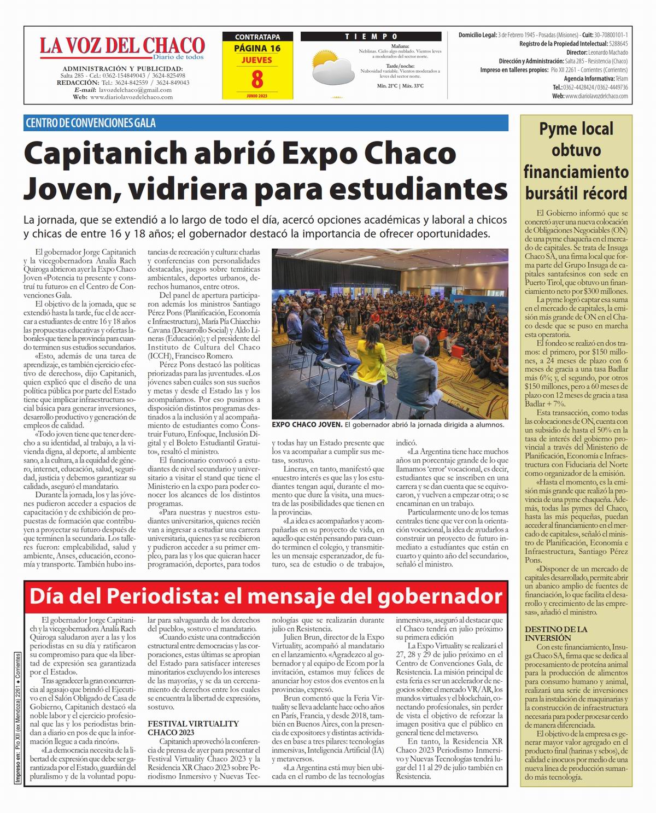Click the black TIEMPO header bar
(x=371, y=37)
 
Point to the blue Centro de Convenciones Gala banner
(x=266, y=122)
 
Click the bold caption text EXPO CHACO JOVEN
(x=307, y=424)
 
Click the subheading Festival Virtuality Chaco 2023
(x=193, y=728)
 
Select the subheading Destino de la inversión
(x=556, y=633)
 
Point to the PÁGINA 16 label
(x=257, y=48)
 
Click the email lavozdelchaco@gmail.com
(x=134, y=90)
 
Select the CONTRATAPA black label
(x=257, y=37)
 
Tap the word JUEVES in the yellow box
(x=257, y=60)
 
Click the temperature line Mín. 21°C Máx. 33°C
(x=400, y=86)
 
